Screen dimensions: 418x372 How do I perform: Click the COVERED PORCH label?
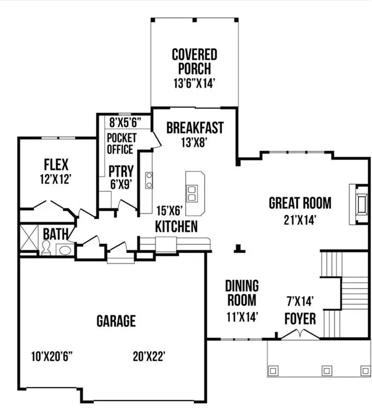(194, 62)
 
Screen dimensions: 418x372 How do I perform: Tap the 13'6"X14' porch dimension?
(194, 84)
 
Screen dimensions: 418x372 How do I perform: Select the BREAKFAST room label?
(195, 128)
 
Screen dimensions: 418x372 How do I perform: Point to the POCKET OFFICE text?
(120, 143)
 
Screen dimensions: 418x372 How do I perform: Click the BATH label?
(56, 235)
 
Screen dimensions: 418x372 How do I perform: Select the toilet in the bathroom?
(46, 249)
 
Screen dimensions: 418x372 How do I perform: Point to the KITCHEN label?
(176, 226)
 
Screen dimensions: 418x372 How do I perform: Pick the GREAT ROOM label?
(300, 203)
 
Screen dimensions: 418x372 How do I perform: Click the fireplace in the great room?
(359, 205)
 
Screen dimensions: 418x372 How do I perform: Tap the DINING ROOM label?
(242, 292)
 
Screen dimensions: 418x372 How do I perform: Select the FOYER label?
(300, 318)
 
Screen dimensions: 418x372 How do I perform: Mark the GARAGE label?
(116, 321)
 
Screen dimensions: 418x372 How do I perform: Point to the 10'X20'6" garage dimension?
(52, 356)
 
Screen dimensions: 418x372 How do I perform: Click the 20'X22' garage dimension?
(149, 356)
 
